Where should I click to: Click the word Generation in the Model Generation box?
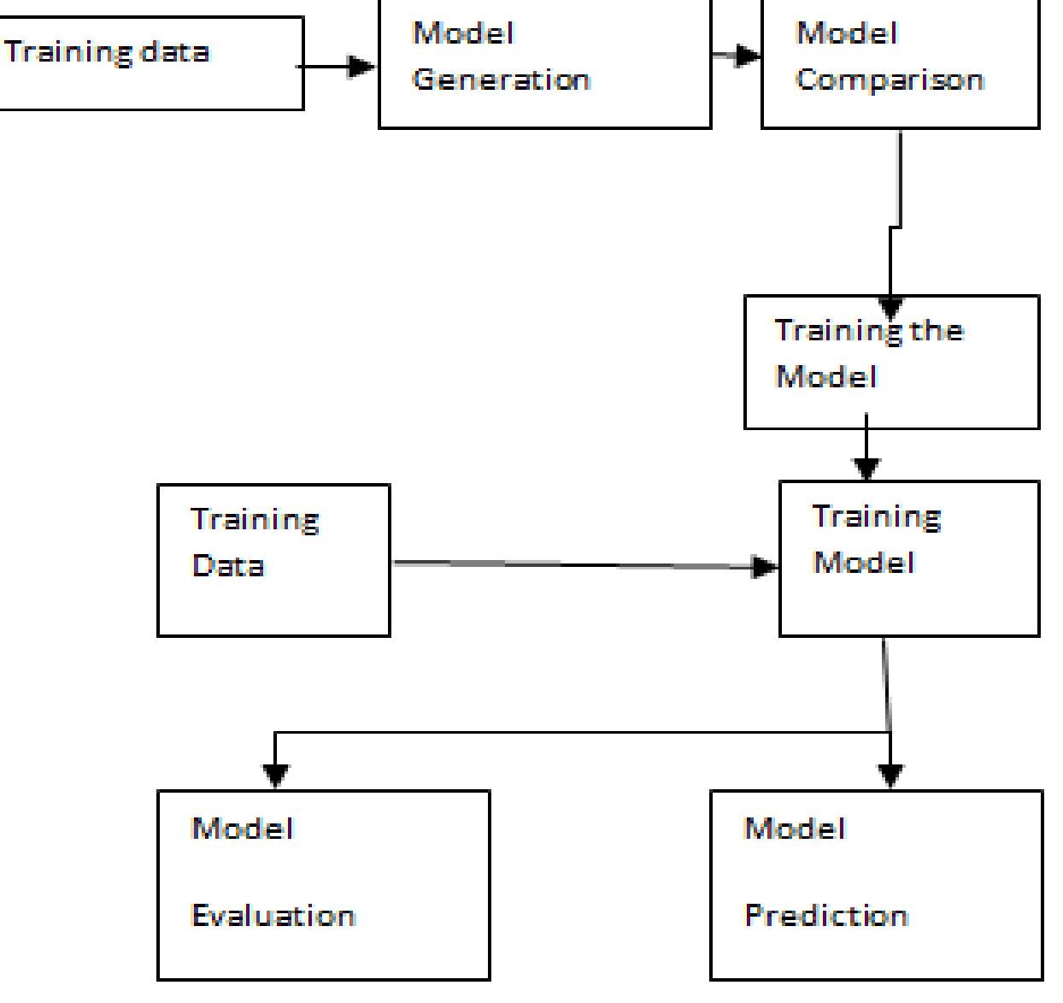tap(501, 80)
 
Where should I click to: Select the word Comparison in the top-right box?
tap(890, 80)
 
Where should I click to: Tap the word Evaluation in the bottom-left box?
tap(273, 916)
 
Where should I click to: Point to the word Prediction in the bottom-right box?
tap(826, 916)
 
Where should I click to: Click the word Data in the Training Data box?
tap(227, 565)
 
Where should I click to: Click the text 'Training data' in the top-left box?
tap(107, 52)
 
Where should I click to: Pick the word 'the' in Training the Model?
tap(936, 331)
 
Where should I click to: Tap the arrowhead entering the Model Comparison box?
tap(749, 56)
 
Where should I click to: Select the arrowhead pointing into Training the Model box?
tap(890, 308)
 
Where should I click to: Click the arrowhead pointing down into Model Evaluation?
tap(275, 776)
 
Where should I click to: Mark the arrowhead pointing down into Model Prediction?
tap(890, 776)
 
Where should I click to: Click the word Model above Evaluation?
tap(242, 828)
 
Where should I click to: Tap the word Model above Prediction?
tap(795, 828)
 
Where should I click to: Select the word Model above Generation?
tap(462, 33)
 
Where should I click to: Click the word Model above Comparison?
tap(846, 33)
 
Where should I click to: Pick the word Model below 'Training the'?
tap(825, 377)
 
